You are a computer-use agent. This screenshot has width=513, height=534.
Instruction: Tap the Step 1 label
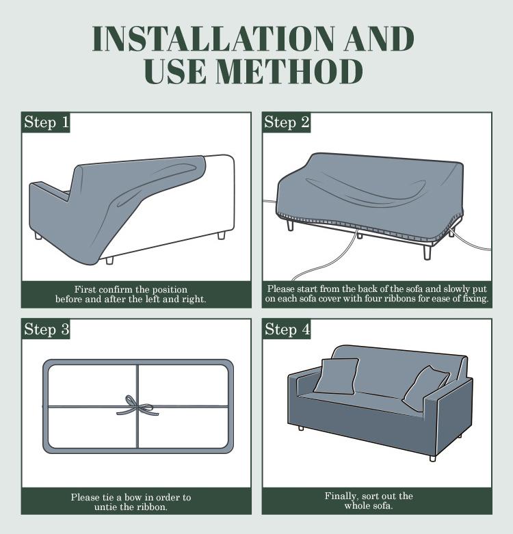point(47,122)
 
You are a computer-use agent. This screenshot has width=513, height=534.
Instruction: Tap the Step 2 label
point(287,122)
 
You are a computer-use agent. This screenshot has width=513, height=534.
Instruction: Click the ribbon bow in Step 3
point(137,406)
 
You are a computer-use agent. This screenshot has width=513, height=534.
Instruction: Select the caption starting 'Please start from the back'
point(377,294)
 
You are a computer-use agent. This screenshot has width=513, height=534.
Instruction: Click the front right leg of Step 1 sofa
point(221,235)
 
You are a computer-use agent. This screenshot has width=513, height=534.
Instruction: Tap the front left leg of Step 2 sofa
point(291,224)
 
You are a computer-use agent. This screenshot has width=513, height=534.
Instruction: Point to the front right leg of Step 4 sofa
point(433,457)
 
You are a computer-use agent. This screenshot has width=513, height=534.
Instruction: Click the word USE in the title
point(181,72)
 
